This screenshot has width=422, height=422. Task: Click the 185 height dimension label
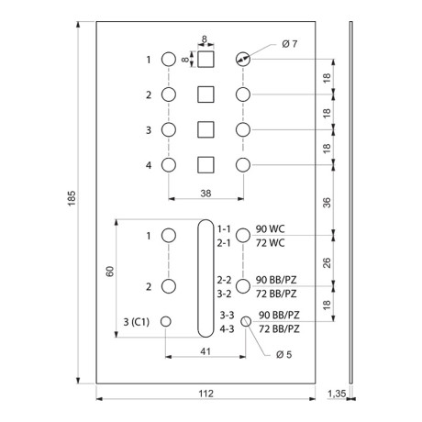(x=72, y=198)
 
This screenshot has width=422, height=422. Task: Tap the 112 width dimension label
(x=205, y=394)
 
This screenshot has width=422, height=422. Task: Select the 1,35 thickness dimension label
(x=337, y=394)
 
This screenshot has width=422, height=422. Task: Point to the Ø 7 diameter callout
(x=289, y=44)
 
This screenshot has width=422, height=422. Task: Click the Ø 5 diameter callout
(x=283, y=355)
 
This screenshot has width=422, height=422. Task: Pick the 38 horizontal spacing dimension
(x=205, y=194)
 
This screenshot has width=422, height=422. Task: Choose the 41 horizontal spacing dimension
(x=205, y=351)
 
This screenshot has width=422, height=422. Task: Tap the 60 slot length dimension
(x=110, y=272)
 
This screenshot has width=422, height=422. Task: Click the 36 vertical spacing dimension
(x=327, y=203)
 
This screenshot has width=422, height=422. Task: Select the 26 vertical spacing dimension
(x=327, y=263)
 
